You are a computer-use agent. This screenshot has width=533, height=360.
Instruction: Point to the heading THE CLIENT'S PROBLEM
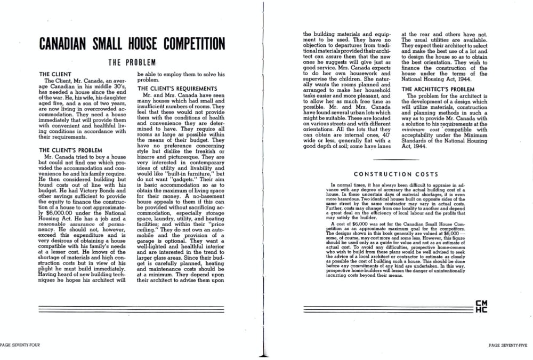pyautogui.click(x=70, y=150)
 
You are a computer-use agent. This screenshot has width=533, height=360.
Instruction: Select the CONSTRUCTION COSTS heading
pyautogui.click(x=396, y=174)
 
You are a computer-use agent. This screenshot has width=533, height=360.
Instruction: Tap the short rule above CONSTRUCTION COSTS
pyautogui.click(x=397, y=159)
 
